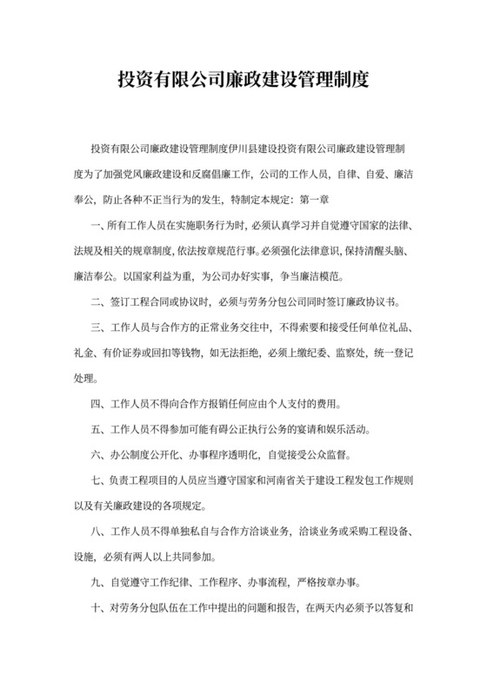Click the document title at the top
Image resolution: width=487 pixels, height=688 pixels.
click(x=243, y=80)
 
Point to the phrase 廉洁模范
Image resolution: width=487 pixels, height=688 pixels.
click(x=303, y=278)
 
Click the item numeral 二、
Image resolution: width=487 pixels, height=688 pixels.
click(x=97, y=302)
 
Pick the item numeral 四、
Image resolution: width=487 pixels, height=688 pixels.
click(x=97, y=405)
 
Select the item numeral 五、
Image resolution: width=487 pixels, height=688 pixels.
click(x=97, y=430)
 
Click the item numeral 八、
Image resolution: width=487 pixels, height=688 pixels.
click(x=97, y=532)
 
